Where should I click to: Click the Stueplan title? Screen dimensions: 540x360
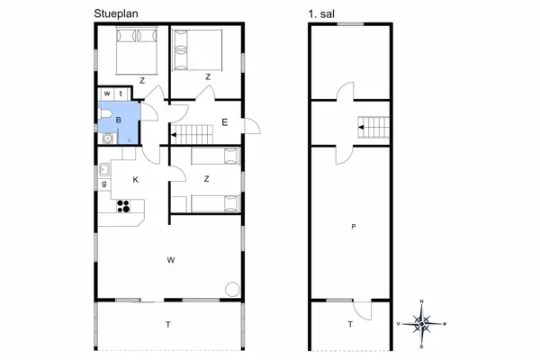pos(116,14)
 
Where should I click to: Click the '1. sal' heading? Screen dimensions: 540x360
pos(321,14)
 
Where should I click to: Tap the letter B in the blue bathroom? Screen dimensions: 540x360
pos(119,121)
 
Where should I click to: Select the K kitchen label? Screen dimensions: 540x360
pos(135,179)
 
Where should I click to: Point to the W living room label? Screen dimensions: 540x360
pos(171,260)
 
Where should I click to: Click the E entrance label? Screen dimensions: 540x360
pos(224,122)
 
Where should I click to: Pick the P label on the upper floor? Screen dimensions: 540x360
pos(354,227)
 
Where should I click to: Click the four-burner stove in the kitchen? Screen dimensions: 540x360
pos(123,206)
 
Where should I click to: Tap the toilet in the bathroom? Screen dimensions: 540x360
pos(104,113)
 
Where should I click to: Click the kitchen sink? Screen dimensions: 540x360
pos(104,170)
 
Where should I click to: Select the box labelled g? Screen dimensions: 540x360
pos(104,184)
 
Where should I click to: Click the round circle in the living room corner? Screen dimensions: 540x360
pos(232,289)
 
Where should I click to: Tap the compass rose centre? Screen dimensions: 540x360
pos(421,324)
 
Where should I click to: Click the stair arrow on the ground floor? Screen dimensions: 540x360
pos(174,135)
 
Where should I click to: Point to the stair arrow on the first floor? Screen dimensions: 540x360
pos(361,128)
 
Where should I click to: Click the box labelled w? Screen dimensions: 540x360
pos(107,94)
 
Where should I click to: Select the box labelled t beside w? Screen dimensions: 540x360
pos(121,94)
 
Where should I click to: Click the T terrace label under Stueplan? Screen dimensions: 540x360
pos(168,325)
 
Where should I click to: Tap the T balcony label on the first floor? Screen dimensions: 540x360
pos(350,324)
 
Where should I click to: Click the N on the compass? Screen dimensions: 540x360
pos(422,301)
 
